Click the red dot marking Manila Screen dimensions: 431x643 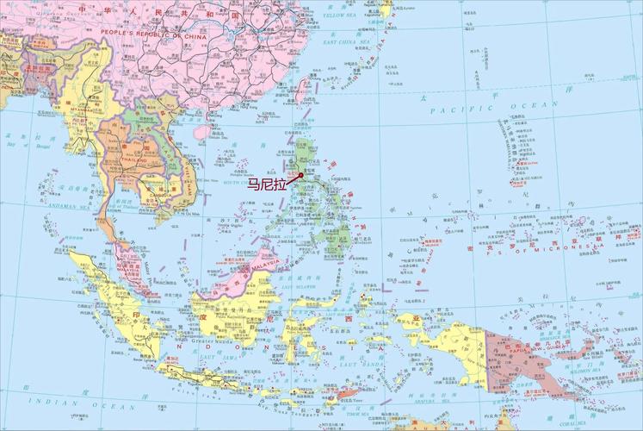point(301,175)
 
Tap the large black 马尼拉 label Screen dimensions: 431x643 point(268,184)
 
